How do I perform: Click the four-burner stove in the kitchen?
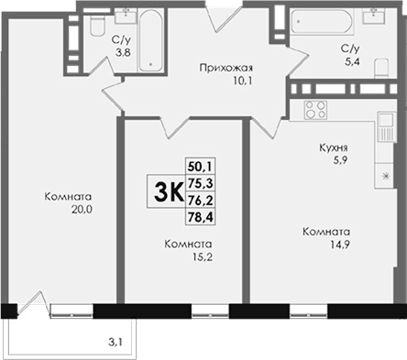(315, 110)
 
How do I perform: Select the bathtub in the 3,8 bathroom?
(151, 40)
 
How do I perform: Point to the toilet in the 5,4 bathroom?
(381, 67)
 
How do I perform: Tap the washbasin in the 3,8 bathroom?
(126, 16)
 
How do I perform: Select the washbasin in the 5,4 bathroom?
(373, 16)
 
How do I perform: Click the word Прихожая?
(226, 68)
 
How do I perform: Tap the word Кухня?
(334, 147)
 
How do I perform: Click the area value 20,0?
(82, 210)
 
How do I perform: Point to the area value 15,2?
(203, 257)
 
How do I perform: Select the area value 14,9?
(339, 245)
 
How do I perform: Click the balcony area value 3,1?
(115, 343)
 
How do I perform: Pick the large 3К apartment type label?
(169, 192)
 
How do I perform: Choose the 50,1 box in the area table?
(201, 167)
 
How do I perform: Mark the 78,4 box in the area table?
(201, 217)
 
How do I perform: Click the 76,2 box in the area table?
(201, 201)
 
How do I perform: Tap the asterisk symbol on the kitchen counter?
(386, 176)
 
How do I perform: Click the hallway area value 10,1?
(243, 82)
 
